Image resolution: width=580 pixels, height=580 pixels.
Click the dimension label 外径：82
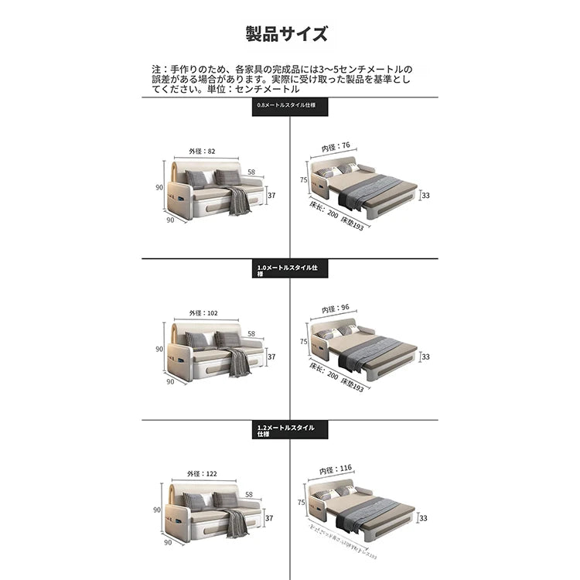201,152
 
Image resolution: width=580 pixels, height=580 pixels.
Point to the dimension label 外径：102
203,313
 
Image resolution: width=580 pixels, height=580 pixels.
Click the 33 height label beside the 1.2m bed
425,519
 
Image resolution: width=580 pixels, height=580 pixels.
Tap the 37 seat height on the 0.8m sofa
271,196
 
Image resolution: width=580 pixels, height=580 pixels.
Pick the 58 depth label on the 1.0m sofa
251,334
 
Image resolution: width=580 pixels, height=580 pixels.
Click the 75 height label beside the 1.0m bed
304,341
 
